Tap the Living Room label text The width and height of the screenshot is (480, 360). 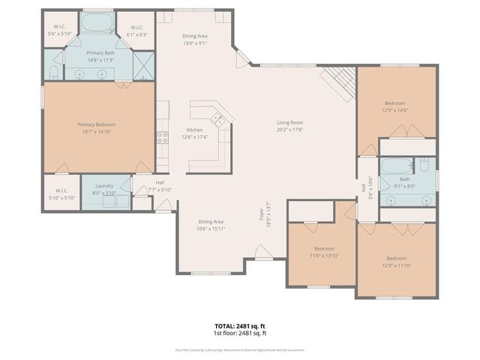click(289, 122)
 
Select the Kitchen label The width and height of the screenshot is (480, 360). click(195, 130)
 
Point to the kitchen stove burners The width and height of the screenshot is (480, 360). click(161, 137)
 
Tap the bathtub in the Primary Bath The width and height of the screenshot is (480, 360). click(95, 22)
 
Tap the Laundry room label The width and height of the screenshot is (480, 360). click(103, 189)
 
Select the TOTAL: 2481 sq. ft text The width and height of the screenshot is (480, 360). click(240, 325)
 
